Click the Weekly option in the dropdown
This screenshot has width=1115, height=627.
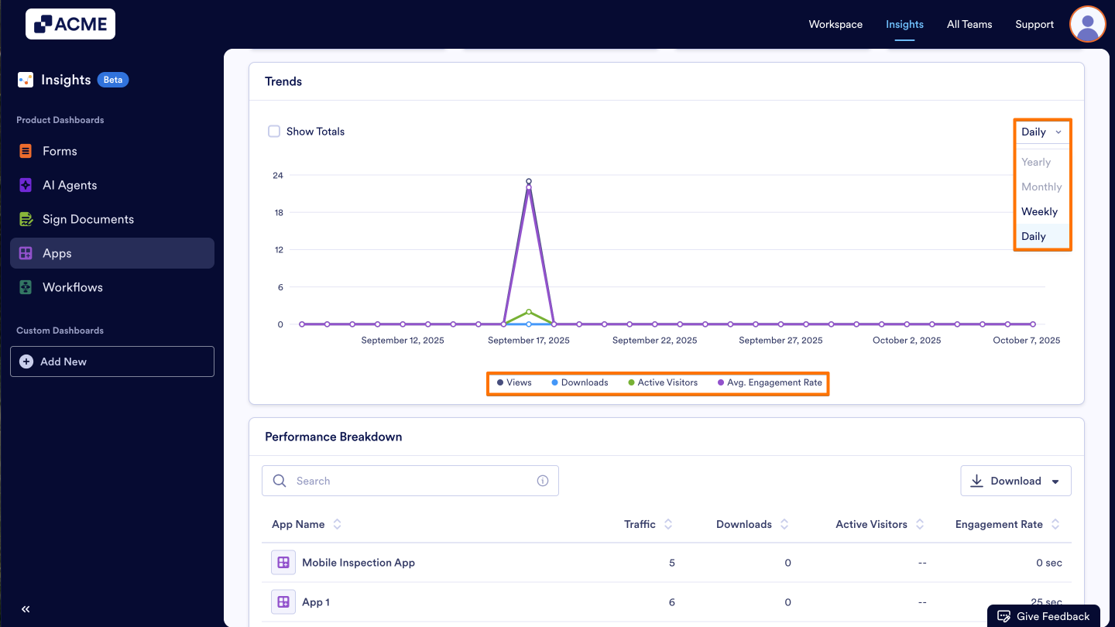tap(1039, 211)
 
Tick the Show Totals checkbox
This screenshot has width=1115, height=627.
tap(274, 132)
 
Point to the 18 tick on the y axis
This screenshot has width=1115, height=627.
tap(278, 213)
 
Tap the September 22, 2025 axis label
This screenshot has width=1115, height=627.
tap(654, 341)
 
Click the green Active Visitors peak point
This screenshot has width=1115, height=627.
tap(529, 312)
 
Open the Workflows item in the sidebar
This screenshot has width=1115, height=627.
tap(73, 287)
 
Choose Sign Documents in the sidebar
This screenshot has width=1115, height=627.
tap(87, 219)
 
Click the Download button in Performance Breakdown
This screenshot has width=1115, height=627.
tap(1015, 481)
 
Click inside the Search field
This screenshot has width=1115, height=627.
tap(410, 481)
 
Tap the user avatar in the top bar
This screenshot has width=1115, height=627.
tap(1087, 24)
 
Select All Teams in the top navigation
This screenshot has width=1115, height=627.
tap(969, 24)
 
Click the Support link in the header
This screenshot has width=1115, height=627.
tap(1034, 24)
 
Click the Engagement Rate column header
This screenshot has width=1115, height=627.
tap(999, 524)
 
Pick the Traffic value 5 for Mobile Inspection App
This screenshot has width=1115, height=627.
tap(671, 563)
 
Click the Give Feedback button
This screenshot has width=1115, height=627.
tap(1044, 616)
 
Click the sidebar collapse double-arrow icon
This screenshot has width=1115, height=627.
tap(26, 609)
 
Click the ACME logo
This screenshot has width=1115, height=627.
tap(70, 24)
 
